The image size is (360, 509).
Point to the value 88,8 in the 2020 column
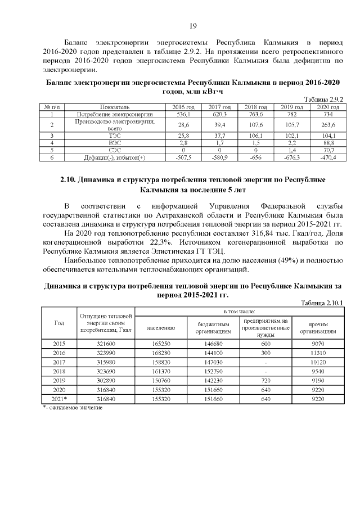point(326,143)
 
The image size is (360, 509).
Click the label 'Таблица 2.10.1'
point(321,303)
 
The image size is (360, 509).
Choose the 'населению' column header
point(161,327)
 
